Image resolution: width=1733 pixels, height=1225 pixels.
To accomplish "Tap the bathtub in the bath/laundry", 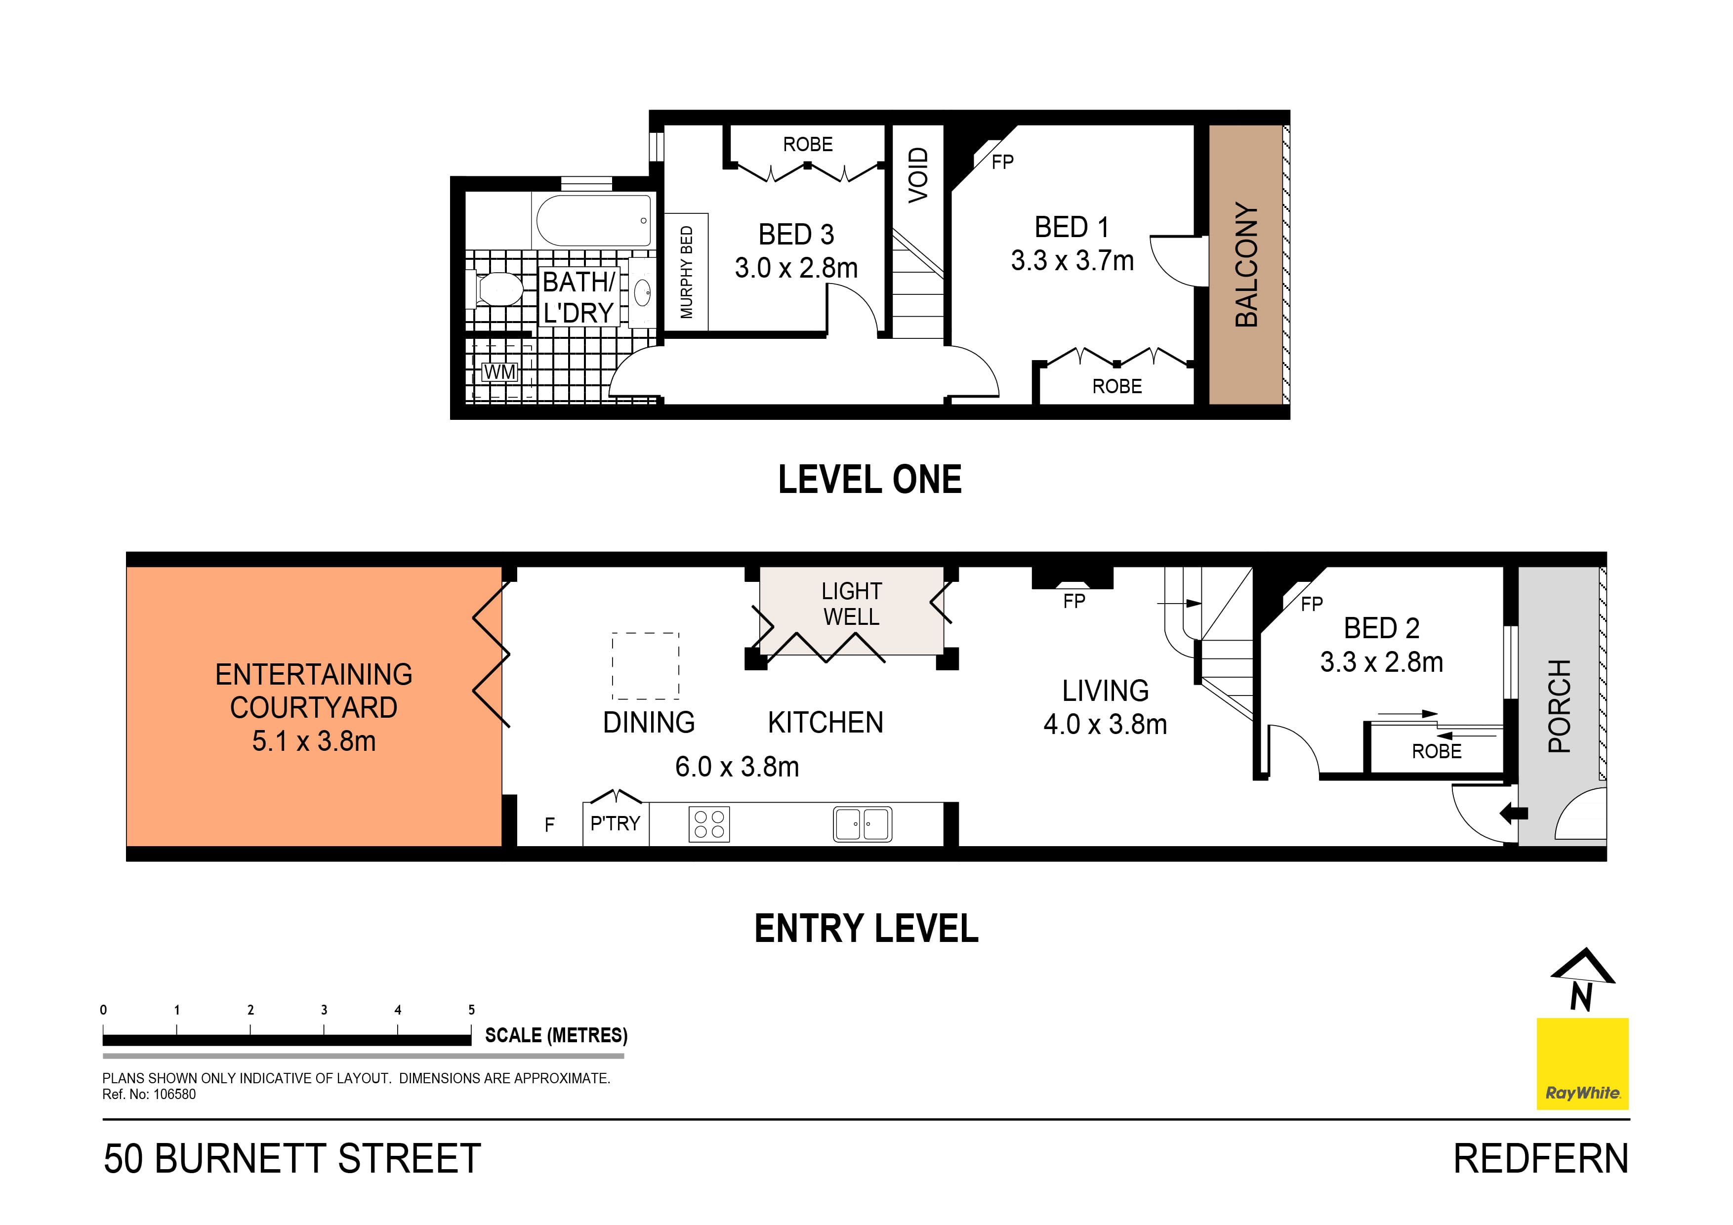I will pos(592,220).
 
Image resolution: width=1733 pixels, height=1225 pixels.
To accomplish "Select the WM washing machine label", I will pos(499,372).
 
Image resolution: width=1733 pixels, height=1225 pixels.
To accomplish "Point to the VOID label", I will pos(918,175).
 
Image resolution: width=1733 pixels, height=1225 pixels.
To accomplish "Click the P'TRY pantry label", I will pos(615,823).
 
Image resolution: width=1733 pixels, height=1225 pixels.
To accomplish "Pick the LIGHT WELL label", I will pos(851,604).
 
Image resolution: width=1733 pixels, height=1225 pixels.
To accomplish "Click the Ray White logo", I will pos(1582,1063).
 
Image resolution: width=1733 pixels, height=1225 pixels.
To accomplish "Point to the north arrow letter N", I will pos(1581,996).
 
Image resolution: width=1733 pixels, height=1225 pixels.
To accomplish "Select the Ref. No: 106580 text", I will pos(150,1095).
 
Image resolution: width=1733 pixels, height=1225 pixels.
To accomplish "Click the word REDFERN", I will pos(1540,1159).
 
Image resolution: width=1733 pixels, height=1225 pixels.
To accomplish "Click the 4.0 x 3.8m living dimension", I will pos(1105,725).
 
